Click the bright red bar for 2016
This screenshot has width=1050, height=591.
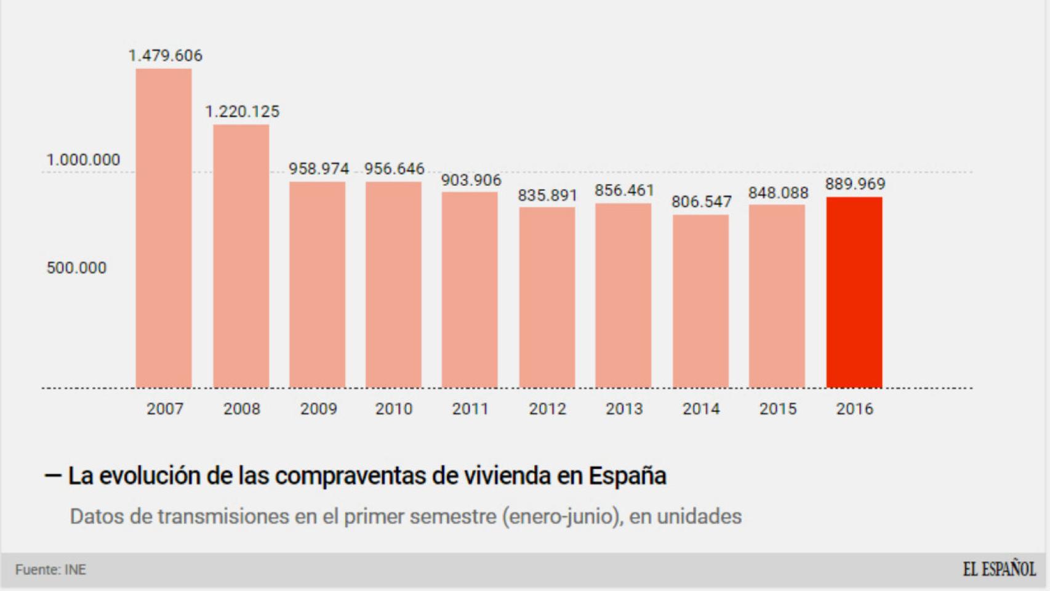coord(854,292)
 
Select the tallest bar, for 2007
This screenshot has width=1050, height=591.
coord(164,228)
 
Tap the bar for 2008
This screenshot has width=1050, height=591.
coord(241,256)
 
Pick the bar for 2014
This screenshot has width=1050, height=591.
coord(700,301)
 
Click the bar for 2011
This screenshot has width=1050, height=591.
coord(470,289)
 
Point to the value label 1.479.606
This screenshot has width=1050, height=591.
coord(165,55)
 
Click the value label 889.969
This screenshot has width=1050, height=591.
coord(855,183)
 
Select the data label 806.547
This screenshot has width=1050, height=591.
coord(701,201)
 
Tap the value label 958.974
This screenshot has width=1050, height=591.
coord(319,169)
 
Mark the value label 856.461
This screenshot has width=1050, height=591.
coord(624,190)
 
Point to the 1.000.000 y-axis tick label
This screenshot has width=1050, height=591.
coord(83,160)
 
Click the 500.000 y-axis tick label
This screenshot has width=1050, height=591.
coord(76,268)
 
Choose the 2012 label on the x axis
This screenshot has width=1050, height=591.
coord(547,409)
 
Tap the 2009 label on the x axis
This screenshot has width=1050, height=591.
coord(318,409)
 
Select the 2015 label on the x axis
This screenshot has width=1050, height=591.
coord(777,409)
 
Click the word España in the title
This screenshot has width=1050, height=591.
coord(627,476)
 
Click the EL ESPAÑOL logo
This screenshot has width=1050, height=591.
coord(999,569)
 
